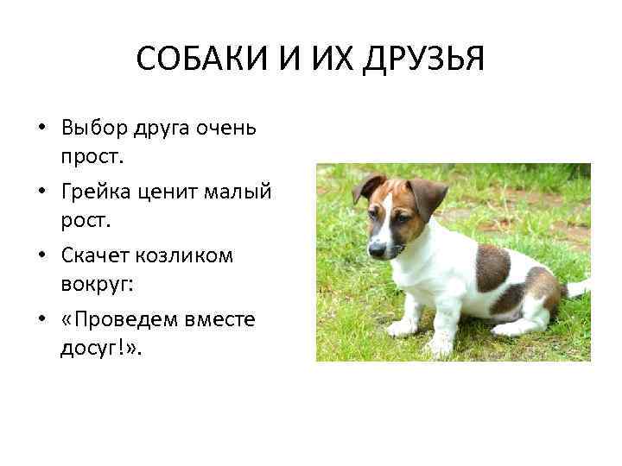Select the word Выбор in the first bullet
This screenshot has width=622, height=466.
click(x=94, y=129)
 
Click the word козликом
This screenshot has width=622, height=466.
click(x=190, y=256)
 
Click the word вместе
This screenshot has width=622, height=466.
click(x=225, y=320)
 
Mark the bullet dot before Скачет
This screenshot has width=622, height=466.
click(x=40, y=257)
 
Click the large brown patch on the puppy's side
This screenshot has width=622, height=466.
click(x=492, y=266)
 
